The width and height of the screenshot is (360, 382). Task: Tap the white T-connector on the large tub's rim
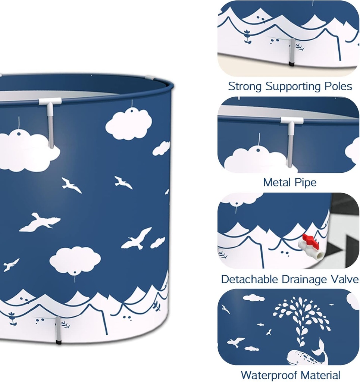point(50,102)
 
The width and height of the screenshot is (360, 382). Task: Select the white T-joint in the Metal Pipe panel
point(291,121)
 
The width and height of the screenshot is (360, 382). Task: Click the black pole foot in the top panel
point(292,64)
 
